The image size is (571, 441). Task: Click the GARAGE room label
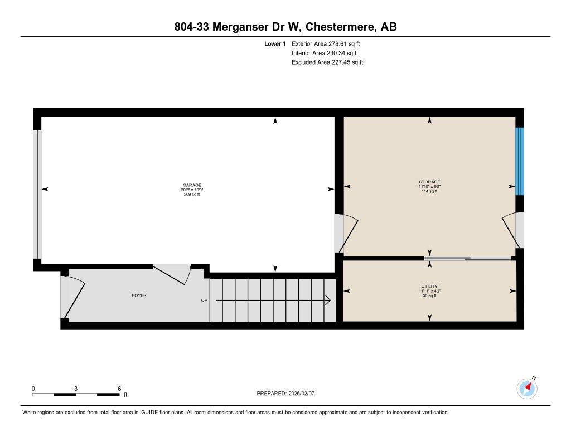(x=192, y=185)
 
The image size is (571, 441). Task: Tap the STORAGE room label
(x=429, y=182)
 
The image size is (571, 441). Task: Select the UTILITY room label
(x=429, y=286)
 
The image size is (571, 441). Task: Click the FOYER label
(x=139, y=295)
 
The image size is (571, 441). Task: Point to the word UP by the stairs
(x=204, y=301)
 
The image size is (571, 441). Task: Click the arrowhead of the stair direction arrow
(x=328, y=301)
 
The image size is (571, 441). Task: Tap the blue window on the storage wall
(x=520, y=161)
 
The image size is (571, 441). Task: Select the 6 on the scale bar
(x=119, y=388)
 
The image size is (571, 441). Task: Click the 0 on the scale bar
(x=33, y=388)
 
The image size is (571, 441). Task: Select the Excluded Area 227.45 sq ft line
(x=327, y=62)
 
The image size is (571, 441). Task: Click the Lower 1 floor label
(x=275, y=43)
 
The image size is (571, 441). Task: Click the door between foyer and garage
(x=173, y=274)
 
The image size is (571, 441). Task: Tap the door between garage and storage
(x=345, y=233)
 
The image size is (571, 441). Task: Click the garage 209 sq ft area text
(x=192, y=195)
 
